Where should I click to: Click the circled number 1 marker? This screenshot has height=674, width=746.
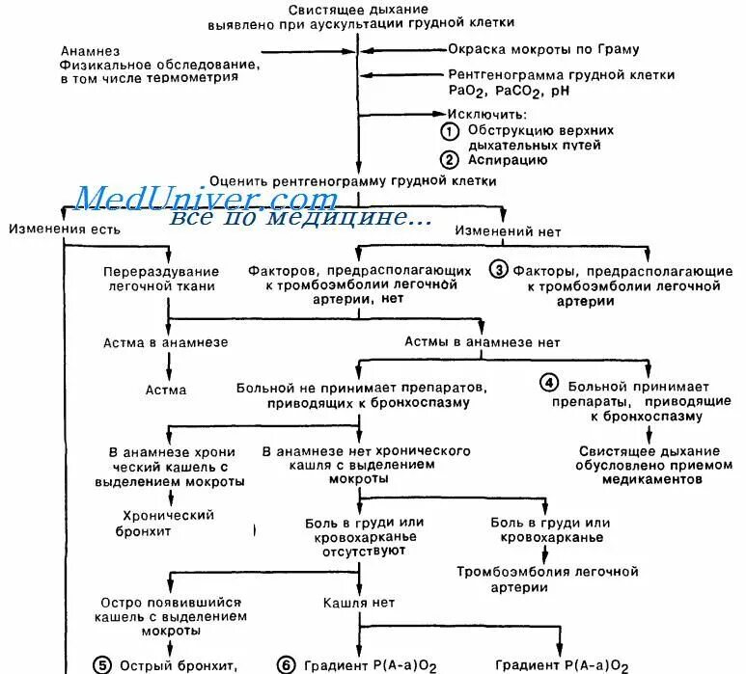pos(449,130)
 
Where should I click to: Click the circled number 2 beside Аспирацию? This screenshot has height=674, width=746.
pos(449,160)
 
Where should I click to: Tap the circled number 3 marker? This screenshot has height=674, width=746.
pos(499,270)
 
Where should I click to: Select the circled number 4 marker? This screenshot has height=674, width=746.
pos(549,383)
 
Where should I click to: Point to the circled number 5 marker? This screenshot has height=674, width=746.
pos(102,664)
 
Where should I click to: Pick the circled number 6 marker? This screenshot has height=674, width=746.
pos(286,664)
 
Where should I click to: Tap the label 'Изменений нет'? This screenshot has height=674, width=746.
pos(508,232)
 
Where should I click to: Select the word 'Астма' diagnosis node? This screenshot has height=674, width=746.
pos(166,391)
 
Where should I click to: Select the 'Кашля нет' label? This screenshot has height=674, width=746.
pos(358,603)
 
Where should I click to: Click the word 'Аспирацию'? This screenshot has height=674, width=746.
pos(509,160)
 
